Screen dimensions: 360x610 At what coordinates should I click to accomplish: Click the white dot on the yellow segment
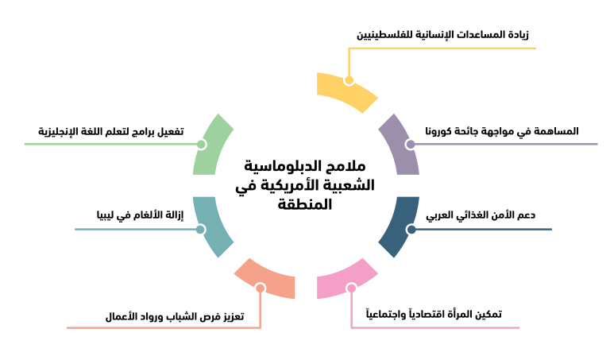pos(349,80)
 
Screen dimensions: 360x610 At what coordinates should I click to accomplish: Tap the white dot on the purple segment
pos(410,144)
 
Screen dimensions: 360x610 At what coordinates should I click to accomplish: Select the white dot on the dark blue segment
pos(411,230)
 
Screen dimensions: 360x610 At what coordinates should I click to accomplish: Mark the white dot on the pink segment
pos(351,288)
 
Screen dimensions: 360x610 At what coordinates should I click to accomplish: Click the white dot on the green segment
pos(201,145)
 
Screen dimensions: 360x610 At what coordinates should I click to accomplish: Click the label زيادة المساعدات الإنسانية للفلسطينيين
pos(442,35)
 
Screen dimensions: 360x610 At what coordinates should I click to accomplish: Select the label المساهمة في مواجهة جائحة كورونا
pos(501,130)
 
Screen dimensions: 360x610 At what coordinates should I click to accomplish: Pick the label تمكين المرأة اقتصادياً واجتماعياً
pos(433,314)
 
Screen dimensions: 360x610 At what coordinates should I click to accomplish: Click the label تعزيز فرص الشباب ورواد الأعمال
pos(175,315)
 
